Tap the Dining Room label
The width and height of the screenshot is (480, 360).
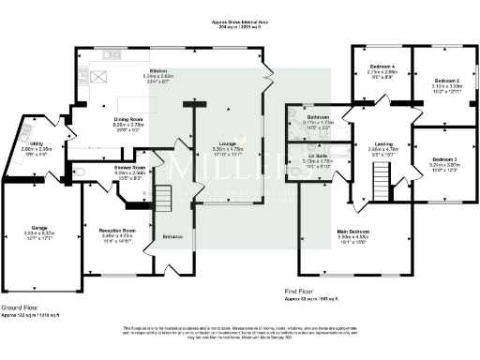(x=128, y=119)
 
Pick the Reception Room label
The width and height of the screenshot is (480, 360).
(x=116, y=230)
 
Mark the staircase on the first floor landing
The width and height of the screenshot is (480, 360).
(x=381, y=175)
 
